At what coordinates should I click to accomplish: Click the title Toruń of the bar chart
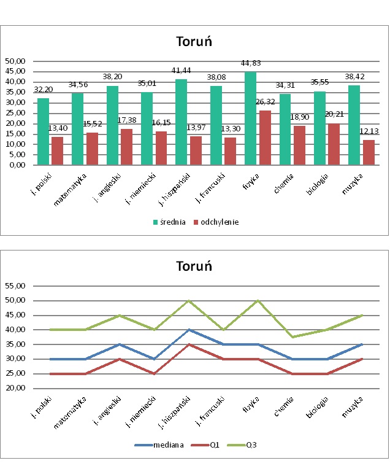point(194,42)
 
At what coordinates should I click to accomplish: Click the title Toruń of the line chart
point(194,266)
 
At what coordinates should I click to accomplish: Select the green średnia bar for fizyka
point(251,118)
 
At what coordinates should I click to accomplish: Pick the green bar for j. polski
point(43,131)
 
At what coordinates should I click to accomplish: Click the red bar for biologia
point(334,144)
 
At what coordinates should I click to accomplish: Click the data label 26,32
point(266,103)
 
